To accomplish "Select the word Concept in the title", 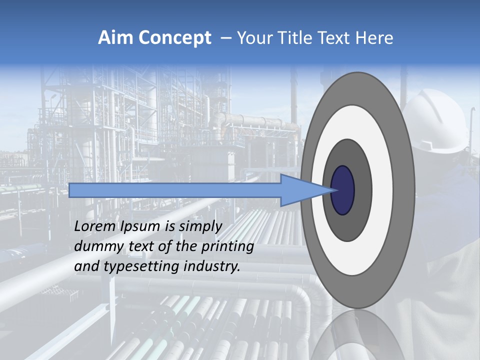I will tap(174, 38).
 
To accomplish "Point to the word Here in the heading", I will tap(374, 38).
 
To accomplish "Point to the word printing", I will tap(227, 246).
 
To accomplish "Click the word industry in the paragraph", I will tap(212, 266).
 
